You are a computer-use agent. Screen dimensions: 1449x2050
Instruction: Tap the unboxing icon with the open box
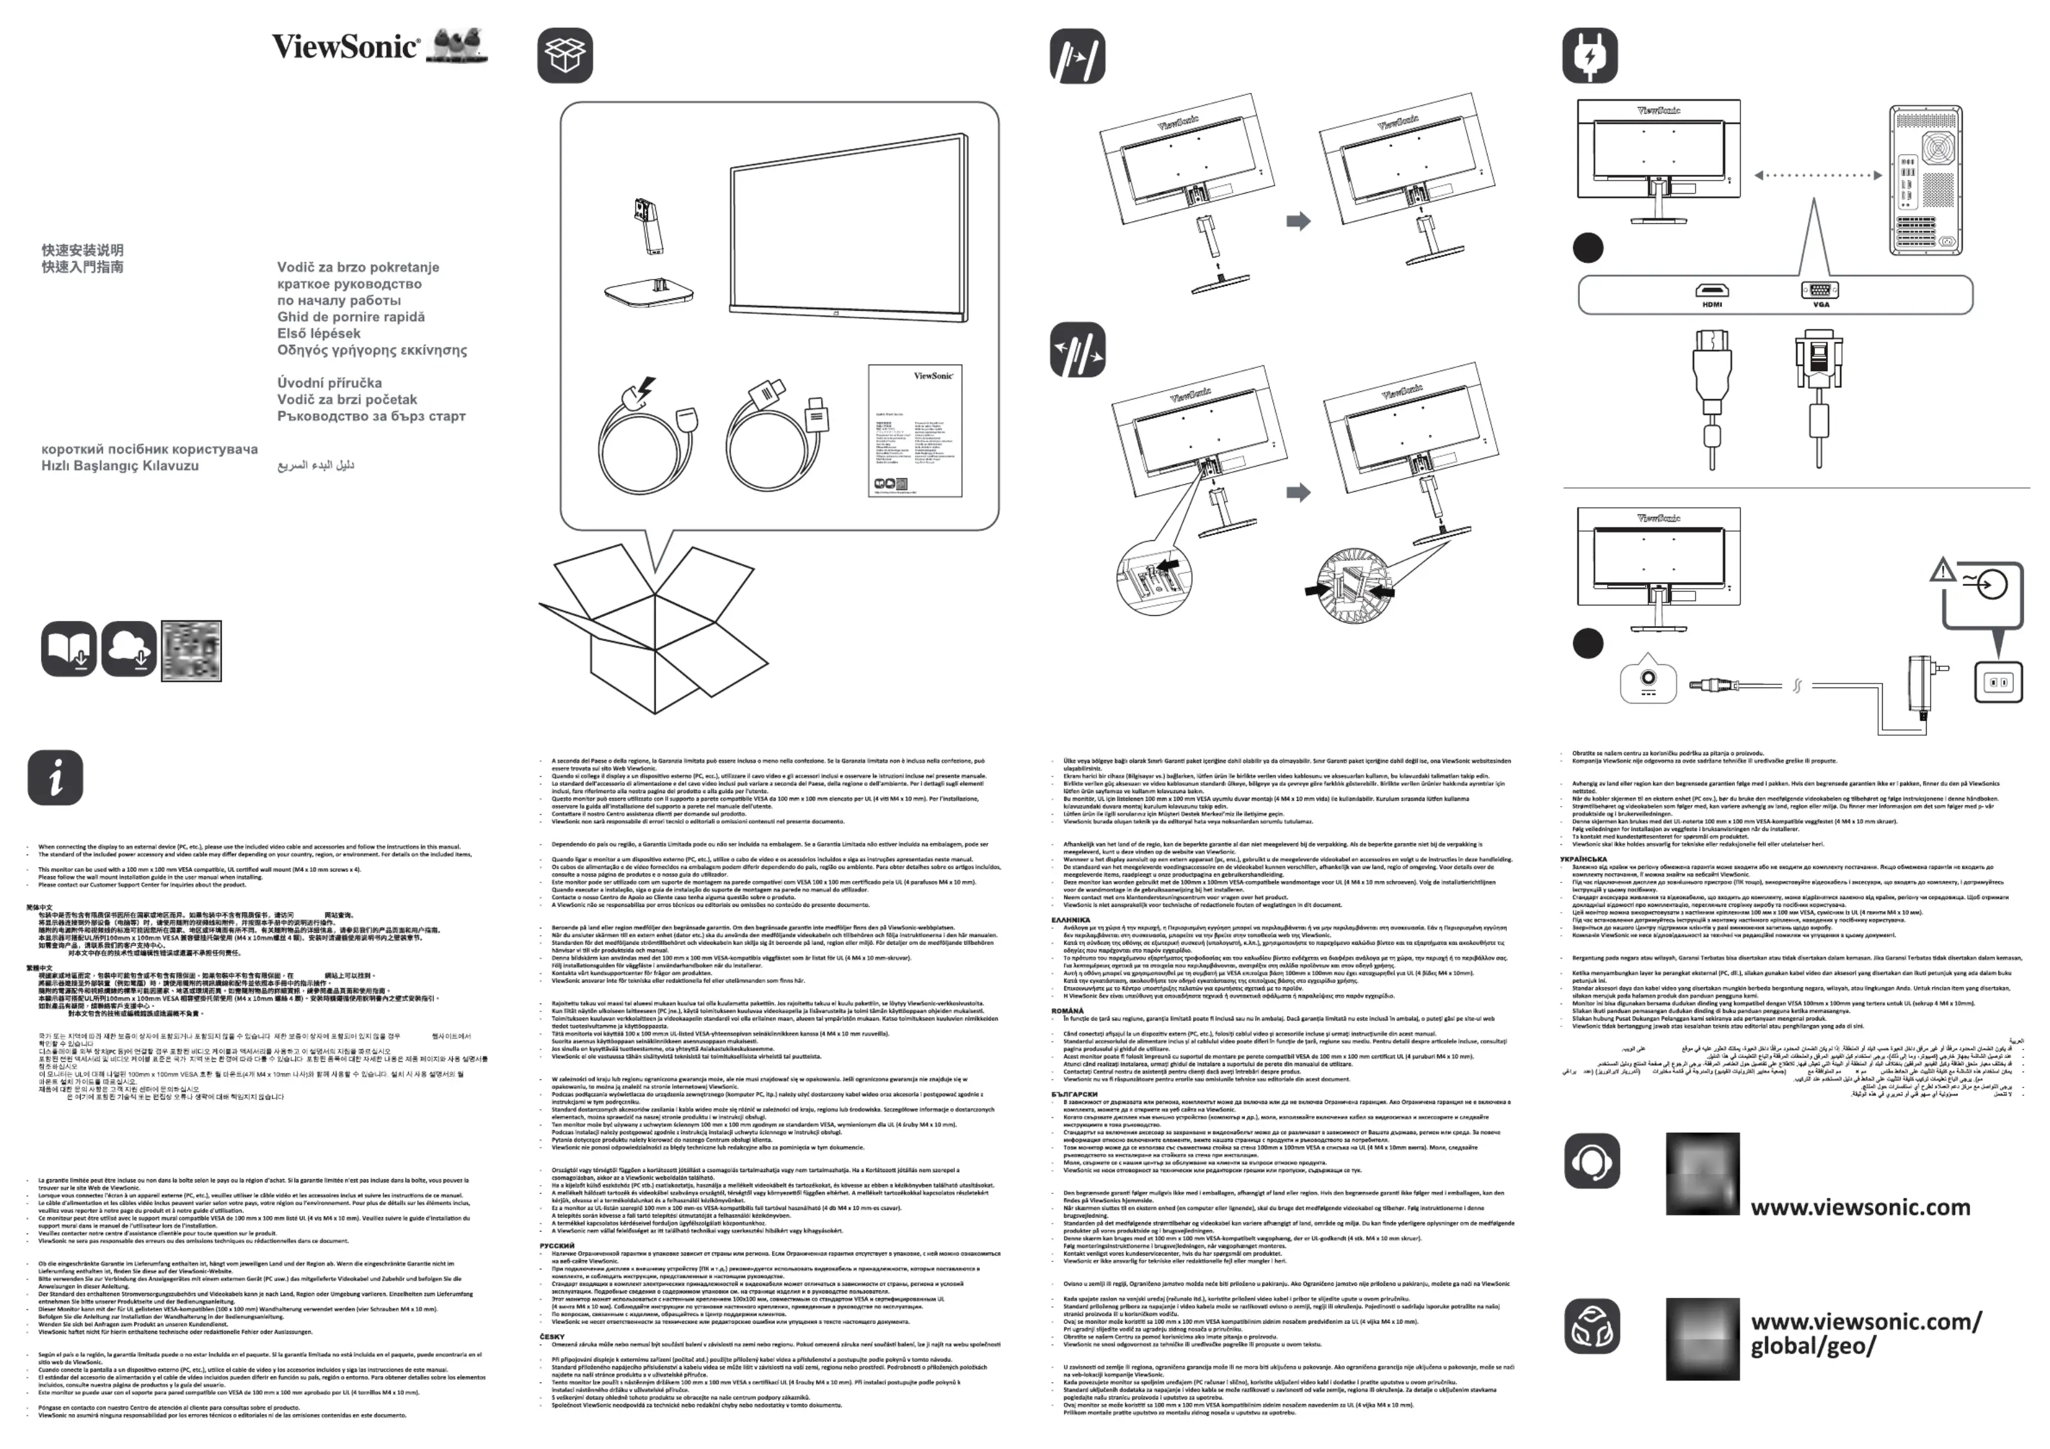point(564,56)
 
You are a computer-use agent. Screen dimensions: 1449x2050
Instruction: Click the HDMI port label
point(1712,305)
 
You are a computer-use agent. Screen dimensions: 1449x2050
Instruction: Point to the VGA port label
point(1821,305)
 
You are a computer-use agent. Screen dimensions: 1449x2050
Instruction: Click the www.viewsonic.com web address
point(1860,1207)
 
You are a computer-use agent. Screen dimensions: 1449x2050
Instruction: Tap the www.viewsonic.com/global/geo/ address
point(1865,1333)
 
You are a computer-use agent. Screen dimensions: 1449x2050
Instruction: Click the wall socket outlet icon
point(1997,682)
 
